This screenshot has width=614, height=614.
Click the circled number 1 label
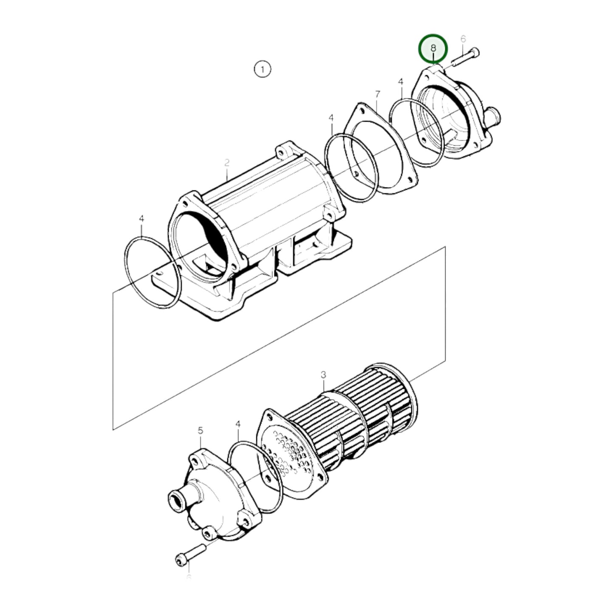coord(262,69)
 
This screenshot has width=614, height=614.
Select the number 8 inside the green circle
coord(433,48)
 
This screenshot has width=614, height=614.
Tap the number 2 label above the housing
coord(227,163)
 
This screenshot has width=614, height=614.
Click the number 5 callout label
coord(201,431)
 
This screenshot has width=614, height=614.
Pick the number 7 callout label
coord(377,94)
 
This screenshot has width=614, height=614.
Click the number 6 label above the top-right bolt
coord(463,39)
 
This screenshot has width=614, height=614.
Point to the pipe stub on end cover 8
coord(493,115)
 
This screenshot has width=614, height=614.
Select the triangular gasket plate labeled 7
coord(378,149)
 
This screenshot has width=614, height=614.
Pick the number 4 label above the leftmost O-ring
coord(141,219)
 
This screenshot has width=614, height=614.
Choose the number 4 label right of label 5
coord(238,424)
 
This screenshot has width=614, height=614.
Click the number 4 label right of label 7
coord(400,82)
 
